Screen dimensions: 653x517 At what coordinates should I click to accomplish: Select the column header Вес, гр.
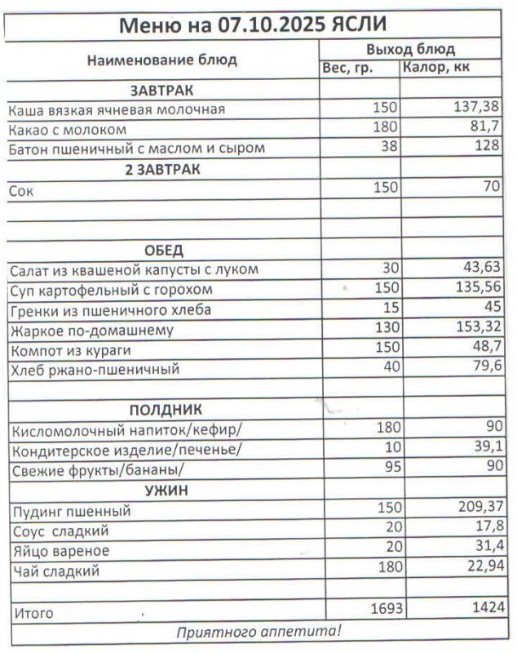point(348,69)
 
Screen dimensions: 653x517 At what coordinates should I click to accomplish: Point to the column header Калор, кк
point(437,68)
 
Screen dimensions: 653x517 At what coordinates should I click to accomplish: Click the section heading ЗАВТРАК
point(161,90)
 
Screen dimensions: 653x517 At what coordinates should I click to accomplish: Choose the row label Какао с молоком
point(68,129)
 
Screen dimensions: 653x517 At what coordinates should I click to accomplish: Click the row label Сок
point(20,189)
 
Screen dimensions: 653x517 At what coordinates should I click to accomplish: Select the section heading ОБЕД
point(163,250)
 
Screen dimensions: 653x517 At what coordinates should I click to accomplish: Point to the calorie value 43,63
point(480,269)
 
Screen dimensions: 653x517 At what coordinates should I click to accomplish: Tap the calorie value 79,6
point(484,369)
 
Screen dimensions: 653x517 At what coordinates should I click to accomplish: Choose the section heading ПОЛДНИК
point(166,409)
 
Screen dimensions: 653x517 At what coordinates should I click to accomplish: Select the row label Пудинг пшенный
point(73,512)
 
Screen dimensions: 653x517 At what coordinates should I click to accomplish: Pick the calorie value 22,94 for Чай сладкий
point(480,568)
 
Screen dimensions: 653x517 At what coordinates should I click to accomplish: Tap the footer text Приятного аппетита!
point(259,632)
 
